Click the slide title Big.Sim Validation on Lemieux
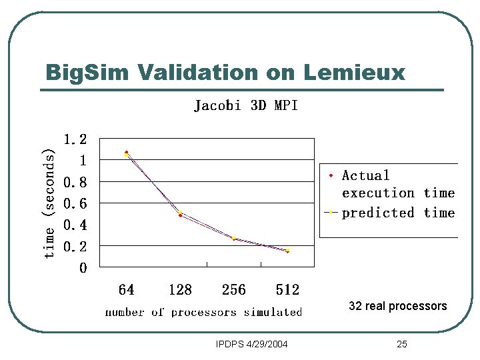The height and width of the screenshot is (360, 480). tap(225, 72)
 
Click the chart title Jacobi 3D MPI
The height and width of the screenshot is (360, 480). tap(245, 105)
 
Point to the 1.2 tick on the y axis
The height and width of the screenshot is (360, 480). tap(75, 139)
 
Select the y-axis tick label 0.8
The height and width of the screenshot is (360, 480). tap(75, 182)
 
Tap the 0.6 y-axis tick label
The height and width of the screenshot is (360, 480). tap(75, 203)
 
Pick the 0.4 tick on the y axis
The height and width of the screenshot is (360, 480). tap(75, 225)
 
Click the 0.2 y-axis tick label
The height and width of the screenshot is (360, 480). tap(75, 247)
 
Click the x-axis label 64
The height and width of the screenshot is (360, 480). tap(126, 290)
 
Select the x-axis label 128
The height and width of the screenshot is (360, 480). tap(180, 290)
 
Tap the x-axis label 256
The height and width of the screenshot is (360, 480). tap(233, 290)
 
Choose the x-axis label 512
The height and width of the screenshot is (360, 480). tap(287, 290)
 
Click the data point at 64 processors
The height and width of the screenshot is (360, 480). tap(127, 154)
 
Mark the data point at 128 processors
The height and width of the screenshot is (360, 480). tap(180, 214)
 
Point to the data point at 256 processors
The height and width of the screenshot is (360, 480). tap(234, 238)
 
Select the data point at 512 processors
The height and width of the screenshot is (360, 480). tap(287, 251)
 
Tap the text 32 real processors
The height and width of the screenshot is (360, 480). tap(398, 306)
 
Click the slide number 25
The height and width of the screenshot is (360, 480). tap(401, 344)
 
